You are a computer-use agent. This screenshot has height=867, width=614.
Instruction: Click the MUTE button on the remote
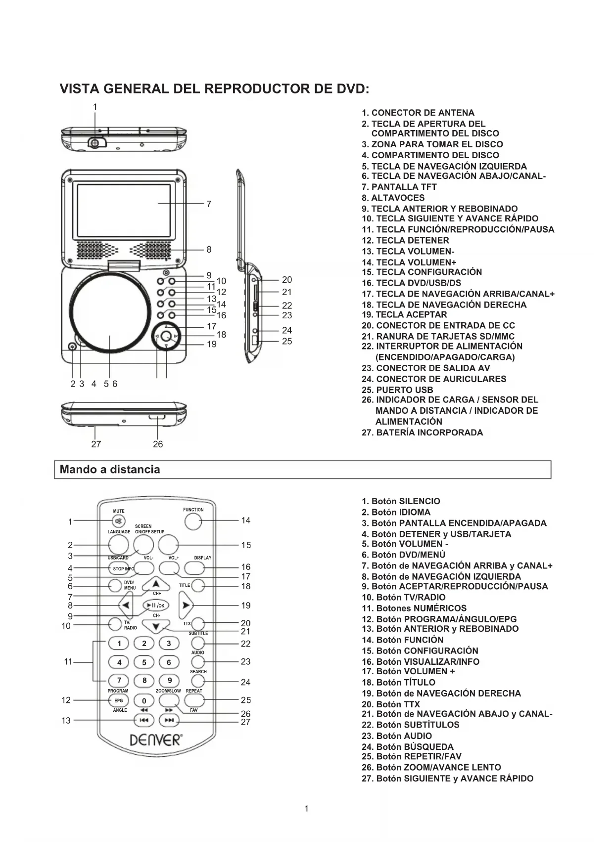[118, 521]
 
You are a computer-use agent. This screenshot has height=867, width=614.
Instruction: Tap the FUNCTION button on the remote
[193, 521]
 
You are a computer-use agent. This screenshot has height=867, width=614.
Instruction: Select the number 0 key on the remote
[144, 700]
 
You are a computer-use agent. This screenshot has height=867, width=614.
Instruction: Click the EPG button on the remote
[119, 700]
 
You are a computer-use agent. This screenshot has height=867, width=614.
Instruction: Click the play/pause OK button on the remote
[156, 605]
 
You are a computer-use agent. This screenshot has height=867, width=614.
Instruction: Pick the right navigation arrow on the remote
[186, 605]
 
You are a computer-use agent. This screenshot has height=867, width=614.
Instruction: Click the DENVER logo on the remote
[156, 740]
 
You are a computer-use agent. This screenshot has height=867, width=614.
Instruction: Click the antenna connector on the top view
[95, 142]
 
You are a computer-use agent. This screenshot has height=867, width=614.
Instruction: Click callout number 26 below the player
[158, 444]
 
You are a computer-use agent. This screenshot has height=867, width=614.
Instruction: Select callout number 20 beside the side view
[287, 280]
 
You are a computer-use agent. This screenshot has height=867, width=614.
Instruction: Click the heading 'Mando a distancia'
[110, 470]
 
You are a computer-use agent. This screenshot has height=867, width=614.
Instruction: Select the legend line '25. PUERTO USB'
[397, 390]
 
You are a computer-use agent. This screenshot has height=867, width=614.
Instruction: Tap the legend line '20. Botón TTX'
[391, 704]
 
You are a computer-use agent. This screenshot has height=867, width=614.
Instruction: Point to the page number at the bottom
[307, 809]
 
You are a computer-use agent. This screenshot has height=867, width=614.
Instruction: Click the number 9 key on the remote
[169, 681]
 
